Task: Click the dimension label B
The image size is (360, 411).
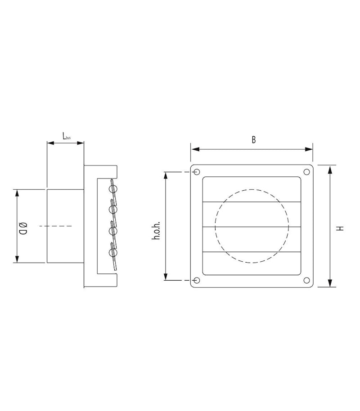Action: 253,139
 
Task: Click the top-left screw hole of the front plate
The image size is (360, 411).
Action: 197,172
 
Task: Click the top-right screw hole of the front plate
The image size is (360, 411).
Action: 306,172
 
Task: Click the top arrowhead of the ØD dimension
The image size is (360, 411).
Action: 18,192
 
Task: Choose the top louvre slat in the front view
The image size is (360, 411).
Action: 252,190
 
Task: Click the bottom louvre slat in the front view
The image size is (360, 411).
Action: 252,264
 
